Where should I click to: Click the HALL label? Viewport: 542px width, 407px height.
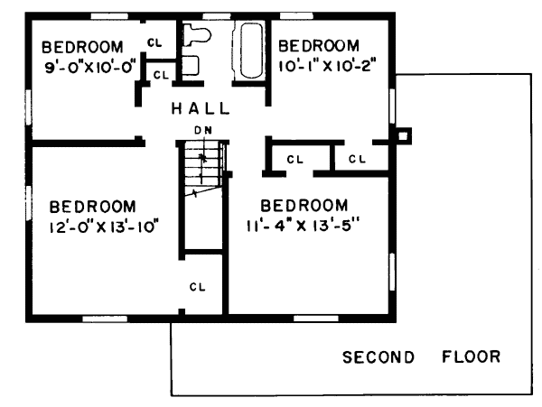(201, 108)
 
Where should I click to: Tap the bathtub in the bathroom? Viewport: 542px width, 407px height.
(250, 51)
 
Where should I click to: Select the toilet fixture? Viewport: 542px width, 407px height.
(196, 34)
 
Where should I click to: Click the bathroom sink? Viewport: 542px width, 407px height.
(190, 66)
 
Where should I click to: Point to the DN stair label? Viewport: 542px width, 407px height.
(203, 130)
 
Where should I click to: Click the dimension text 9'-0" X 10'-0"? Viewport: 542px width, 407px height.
(89, 67)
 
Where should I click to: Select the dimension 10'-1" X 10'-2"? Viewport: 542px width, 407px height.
(327, 66)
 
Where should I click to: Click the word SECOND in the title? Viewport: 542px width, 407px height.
(378, 357)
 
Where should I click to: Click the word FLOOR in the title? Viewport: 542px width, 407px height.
(472, 356)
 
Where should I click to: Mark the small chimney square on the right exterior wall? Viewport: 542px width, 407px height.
(403, 136)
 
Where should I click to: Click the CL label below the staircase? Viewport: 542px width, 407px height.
(197, 287)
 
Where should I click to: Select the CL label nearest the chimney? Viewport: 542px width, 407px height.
(357, 159)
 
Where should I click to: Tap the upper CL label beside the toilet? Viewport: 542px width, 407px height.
(154, 42)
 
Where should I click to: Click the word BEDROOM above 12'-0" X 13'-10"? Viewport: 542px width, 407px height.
(93, 207)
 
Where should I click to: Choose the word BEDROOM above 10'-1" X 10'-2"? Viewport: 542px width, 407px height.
(319, 46)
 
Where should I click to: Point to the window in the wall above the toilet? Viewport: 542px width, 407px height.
(217, 16)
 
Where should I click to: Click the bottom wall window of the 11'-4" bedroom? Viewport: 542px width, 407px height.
(316, 319)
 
